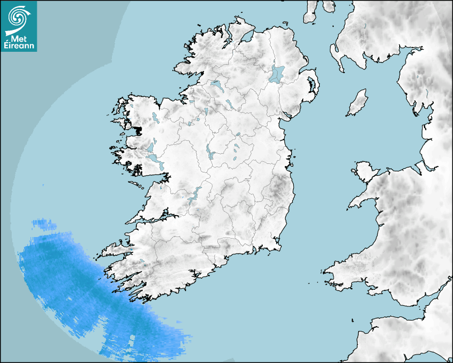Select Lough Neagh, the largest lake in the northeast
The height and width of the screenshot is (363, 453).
(277, 73)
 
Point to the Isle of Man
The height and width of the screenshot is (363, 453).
(358, 103)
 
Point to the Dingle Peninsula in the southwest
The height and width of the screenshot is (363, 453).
(115, 250)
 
